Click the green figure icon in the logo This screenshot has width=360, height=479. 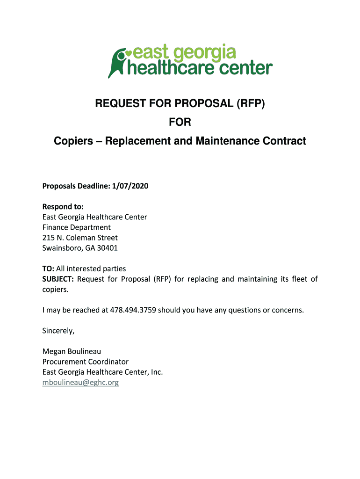point(117,62)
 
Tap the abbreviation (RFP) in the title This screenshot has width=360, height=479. point(247,103)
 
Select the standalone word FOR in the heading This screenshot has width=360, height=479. point(180,122)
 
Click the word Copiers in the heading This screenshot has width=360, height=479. point(73,140)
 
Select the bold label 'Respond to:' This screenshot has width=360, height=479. point(63,207)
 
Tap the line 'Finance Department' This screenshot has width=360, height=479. point(77,227)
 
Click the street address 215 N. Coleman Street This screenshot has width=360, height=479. point(80,238)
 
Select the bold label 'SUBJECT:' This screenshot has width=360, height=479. point(58,279)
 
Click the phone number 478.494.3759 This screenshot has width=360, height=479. point(132,310)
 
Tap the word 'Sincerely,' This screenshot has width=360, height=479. point(58,331)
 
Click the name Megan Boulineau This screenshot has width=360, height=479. point(72,351)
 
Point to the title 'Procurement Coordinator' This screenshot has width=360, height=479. point(85,362)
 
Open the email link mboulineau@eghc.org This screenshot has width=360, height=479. point(80,382)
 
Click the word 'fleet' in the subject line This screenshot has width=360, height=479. point(295,279)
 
